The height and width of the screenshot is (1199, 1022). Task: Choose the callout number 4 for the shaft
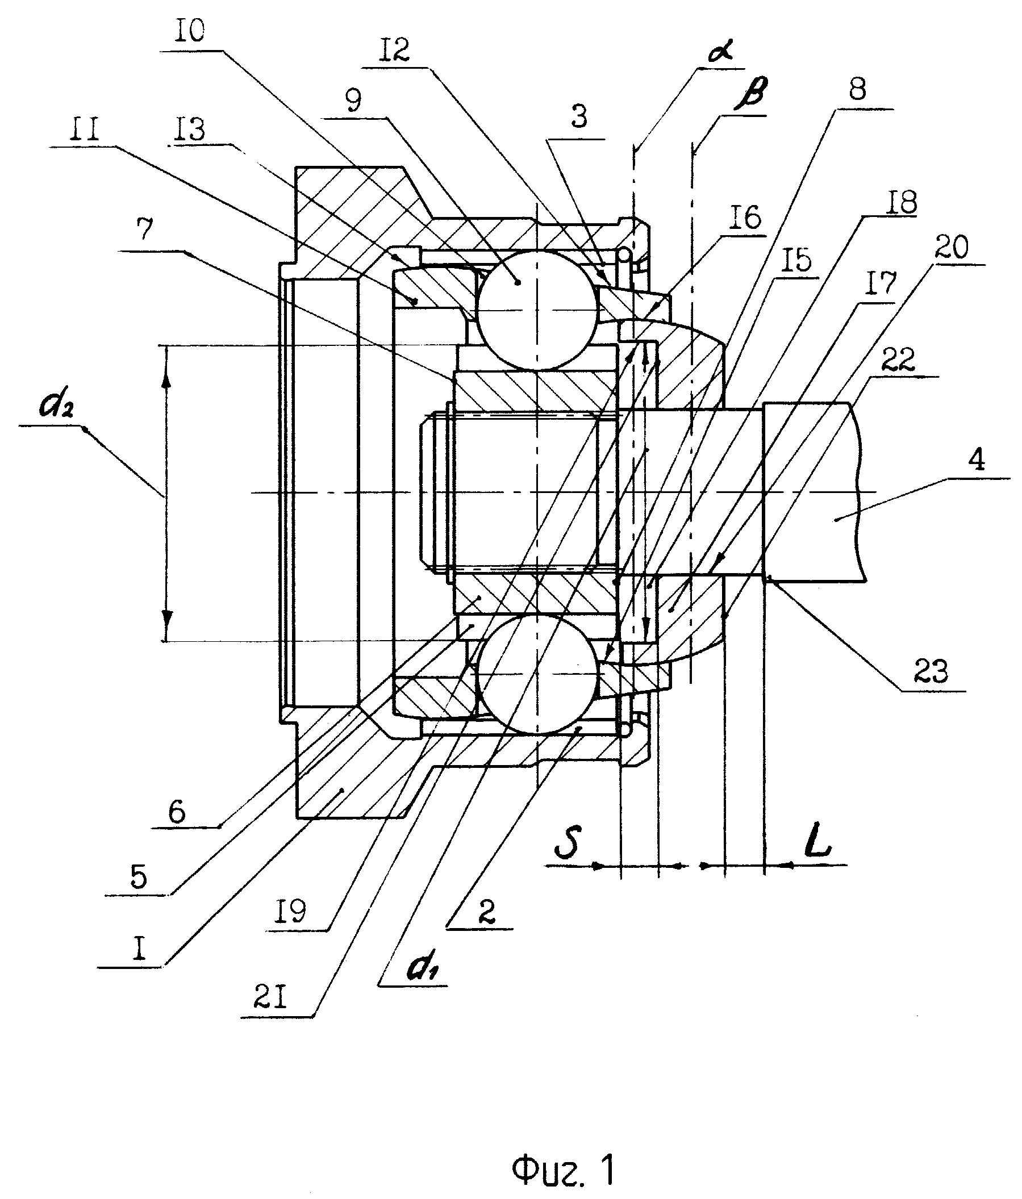tap(976, 460)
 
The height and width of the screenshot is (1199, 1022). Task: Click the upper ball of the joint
tap(536, 310)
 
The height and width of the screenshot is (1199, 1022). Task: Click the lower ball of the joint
tap(537, 674)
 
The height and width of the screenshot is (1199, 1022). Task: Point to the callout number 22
tap(898, 360)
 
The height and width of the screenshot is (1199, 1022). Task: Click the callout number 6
tap(177, 812)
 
